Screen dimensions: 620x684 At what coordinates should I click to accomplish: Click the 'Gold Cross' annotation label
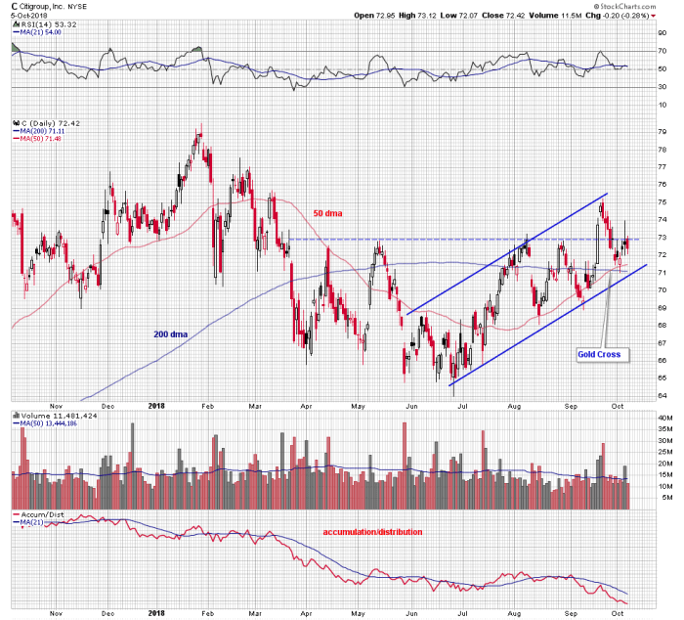click(598, 353)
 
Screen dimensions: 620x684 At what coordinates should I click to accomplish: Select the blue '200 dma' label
click(171, 333)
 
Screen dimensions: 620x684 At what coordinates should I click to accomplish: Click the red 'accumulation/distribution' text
click(372, 532)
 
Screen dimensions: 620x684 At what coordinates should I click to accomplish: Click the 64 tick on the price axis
click(660, 395)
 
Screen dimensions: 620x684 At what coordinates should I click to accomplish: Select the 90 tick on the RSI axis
click(660, 33)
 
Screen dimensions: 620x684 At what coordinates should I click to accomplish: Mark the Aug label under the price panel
click(514, 407)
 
